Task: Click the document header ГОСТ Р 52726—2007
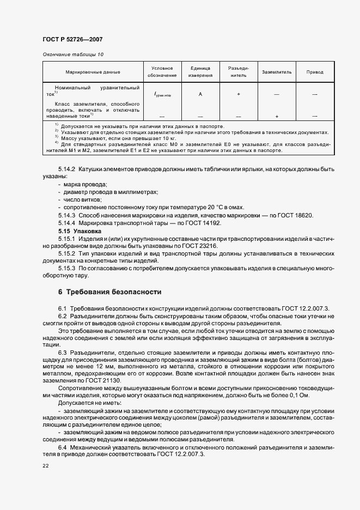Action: tap(72, 39)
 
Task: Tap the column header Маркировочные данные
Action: tap(93, 72)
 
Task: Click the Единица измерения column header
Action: tap(200, 72)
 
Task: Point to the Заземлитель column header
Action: tap(277, 72)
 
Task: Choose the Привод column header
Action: tap(315, 72)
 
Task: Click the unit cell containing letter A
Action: tap(200, 94)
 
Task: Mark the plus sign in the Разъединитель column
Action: tap(239, 94)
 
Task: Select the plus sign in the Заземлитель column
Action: tap(277, 116)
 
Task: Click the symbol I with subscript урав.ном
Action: tap(162, 95)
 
